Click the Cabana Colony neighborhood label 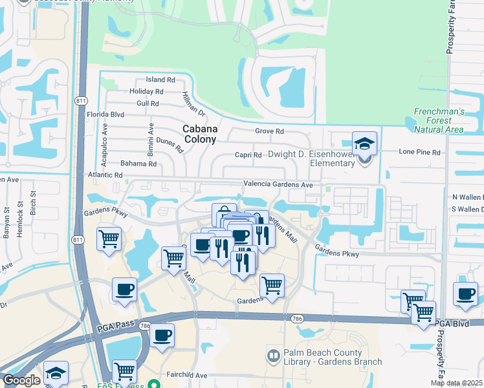coord(200,134)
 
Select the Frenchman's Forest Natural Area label coord(439,120)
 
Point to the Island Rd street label coord(160,80)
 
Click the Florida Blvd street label coord(105,114)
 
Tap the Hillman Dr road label coord(193,103)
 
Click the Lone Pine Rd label coord(419,152)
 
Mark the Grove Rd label coord(270,131)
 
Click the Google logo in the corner coord(21,381)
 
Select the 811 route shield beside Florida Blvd coord(81,102)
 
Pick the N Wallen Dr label coord(467,197)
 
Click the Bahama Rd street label coord(139,164)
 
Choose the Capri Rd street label coord(248,155)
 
